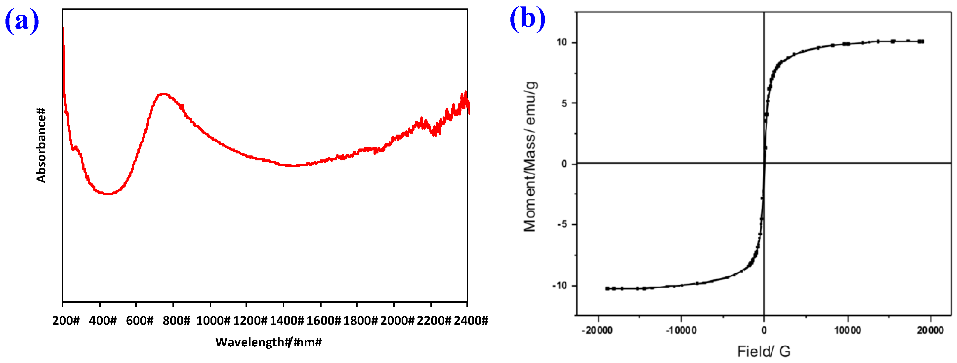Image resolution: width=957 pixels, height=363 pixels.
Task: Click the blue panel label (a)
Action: click(22, 20)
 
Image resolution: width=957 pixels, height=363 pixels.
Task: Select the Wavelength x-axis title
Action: click(268, 342)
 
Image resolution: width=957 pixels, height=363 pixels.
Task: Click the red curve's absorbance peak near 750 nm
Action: click(164, 94)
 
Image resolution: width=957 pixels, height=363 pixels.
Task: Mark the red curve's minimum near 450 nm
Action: click(108, 193)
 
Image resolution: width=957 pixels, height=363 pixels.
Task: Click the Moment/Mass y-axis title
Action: click(530, 156)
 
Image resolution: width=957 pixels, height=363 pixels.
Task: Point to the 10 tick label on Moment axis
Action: click(562, 42)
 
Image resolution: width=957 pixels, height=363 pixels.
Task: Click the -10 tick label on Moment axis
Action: click(560, 286)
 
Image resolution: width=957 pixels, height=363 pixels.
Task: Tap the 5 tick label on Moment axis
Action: click(564, 103)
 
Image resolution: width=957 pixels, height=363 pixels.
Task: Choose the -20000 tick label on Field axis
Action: click(597, 330)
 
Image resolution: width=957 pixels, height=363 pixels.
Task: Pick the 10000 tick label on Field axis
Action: click(847, 330)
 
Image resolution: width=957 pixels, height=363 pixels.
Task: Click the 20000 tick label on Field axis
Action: click(930, 330)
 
